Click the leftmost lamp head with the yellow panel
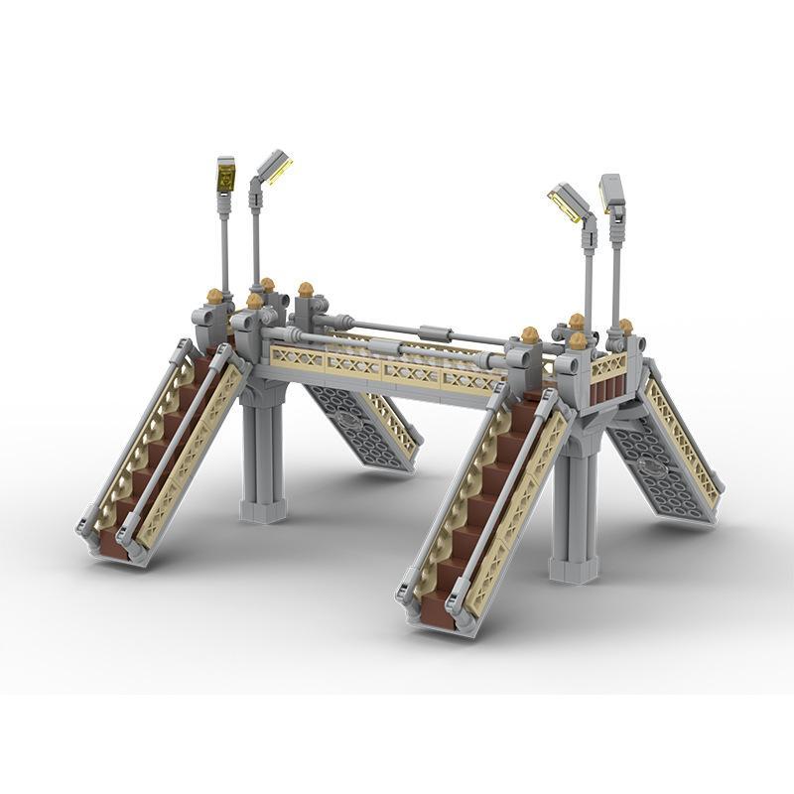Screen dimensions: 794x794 tap(226, 176)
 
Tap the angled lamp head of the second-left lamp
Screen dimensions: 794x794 tap(274, 166)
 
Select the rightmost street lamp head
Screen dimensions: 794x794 tap(612, 193)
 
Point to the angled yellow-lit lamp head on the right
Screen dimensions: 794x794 tap(570, 202)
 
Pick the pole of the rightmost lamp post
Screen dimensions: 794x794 tap(616, 268)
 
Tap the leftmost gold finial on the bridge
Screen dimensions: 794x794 tap(214, 296)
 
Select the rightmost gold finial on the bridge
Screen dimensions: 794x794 tap(625, 326)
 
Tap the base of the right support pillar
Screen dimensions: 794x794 tap(575, 570)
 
